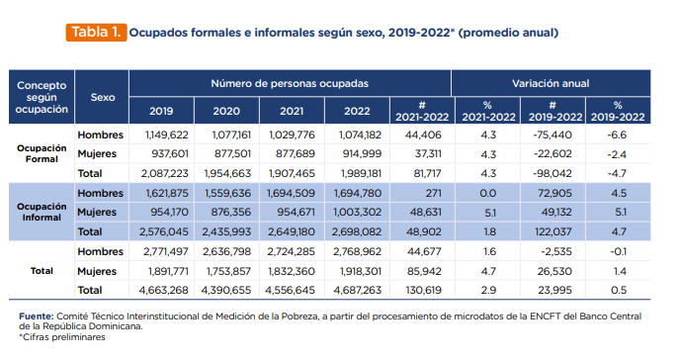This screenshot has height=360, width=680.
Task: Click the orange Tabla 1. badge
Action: click(96, 33)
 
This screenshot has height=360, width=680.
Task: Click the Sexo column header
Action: click(103, 97)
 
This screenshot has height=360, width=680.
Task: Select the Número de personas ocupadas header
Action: click(290, 83)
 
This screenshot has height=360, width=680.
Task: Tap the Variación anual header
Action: click(551, 83)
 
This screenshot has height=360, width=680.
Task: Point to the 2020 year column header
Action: click(226, 111)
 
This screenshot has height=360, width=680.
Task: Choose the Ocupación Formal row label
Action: click(42, 153)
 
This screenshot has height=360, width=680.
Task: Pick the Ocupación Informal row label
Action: click(42, 212)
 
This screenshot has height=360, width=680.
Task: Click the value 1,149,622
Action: click(167, 135)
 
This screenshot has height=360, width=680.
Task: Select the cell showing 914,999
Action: click(362, 153)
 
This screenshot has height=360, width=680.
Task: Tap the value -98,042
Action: click(552, 173)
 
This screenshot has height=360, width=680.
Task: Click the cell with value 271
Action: click(433, 193)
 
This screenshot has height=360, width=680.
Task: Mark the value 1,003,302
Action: click(358, 212)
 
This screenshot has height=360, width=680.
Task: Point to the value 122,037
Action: click(553, 231)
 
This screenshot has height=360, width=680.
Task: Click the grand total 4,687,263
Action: click(358, 290)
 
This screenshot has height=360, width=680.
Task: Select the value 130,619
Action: click(423, 290)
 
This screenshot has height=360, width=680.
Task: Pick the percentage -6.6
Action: click(617, 135)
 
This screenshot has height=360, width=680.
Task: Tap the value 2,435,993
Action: click(226, 231)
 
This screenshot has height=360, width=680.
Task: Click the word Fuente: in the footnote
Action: click(36, 316)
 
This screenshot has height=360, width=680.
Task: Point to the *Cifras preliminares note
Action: click(62, 337)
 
